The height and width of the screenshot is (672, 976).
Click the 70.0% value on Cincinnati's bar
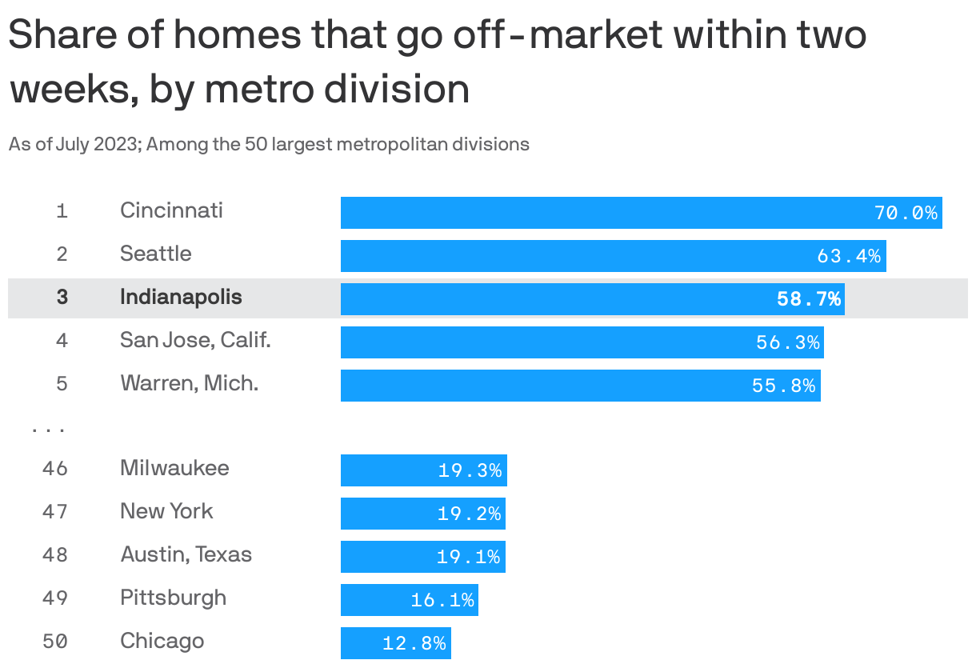click(x=906, y=213)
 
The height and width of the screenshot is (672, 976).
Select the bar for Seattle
click(x=613, y=256)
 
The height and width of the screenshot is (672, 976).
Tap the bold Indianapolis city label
click(x=181, y=298)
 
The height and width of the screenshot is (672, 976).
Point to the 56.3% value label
click(x=788, y=342)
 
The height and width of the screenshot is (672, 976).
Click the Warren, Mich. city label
click(x=189, y=384)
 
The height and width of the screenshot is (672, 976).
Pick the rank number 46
click(x=55, y=468)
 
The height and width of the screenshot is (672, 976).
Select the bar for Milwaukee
click(x=423, y=470)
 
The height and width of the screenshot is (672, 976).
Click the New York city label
click(x=166, y=512)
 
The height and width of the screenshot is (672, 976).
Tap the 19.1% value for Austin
click(x=469, y=557)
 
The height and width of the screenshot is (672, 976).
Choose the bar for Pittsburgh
click(x=409, y=599)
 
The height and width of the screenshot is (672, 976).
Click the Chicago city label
click(x=162, y=642)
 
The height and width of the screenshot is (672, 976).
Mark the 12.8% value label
click(x=414, y=643)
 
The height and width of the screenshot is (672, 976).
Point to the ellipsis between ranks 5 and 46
click(x=48, y=430)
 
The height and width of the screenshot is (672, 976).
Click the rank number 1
click(x=62, y=212)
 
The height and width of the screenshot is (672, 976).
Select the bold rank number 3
click(x=62, y=298)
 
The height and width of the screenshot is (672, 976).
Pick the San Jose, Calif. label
click(x=195, y=341)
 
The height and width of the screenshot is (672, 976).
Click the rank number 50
click(x=55, y=642)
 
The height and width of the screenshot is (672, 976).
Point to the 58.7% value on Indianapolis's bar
click(x=809, y=299)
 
